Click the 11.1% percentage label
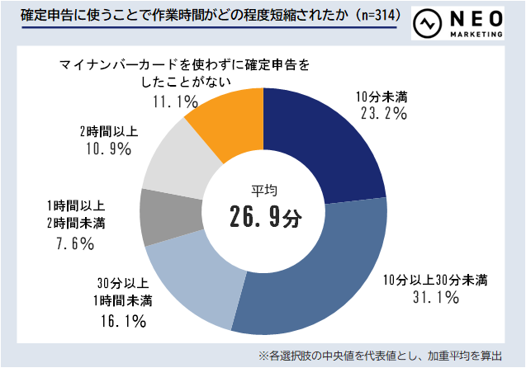pyautogui.click(x=175, y=101)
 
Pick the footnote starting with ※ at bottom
pyautogui.click(x=380, y=356)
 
